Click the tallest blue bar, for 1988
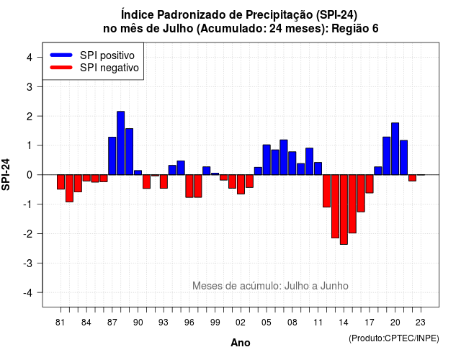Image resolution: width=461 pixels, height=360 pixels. click(x=120, y=143)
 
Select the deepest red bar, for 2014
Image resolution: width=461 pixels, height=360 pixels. click(x=344, y=210)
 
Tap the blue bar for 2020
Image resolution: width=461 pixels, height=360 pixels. click(x=395, y=149)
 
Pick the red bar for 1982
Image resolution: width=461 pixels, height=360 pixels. click(x=69, y=189)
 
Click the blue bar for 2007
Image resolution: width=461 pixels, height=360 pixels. click(x=284, y=157)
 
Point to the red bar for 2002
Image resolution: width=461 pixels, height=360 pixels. click(x=241, y=184)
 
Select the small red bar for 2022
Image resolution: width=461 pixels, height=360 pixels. click(x=412, y=178)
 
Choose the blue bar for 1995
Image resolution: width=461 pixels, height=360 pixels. click(x=181, y=168)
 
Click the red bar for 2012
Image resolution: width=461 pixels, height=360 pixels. click(x=326, y=191)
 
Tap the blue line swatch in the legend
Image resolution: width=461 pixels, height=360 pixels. click(x=61, y=55)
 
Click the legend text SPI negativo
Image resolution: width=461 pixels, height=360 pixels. click(x=109, y=68)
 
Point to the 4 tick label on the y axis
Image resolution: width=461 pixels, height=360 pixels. click(x=30, y=58)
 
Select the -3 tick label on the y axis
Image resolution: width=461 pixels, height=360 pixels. click(x=28, y=263)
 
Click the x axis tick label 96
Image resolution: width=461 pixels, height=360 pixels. click(x=189, y=323)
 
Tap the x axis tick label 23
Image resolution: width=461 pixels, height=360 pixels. click(x=421, y=323)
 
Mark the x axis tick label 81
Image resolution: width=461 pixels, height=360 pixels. click(x=60, y=323)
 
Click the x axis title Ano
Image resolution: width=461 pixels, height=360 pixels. click(x=241, y=343)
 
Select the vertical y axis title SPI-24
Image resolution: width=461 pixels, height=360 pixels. click(x=6, y=174)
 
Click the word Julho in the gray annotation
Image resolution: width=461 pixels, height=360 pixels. click(x=295, y=286)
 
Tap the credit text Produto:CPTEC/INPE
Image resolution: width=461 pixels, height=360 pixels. click(x=394, y=338)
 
